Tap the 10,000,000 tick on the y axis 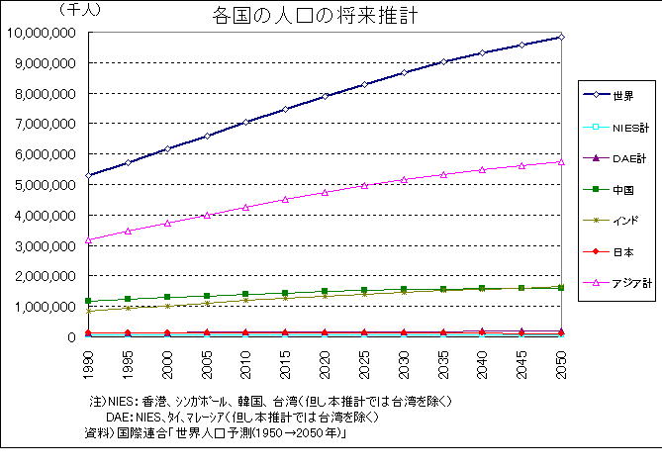(x=42, y=33)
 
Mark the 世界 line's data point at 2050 (x=561, y=37)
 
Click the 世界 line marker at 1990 (x=90, y=175)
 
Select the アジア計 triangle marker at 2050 (x=561, y=161)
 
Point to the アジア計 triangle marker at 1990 (x=90, y=239)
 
